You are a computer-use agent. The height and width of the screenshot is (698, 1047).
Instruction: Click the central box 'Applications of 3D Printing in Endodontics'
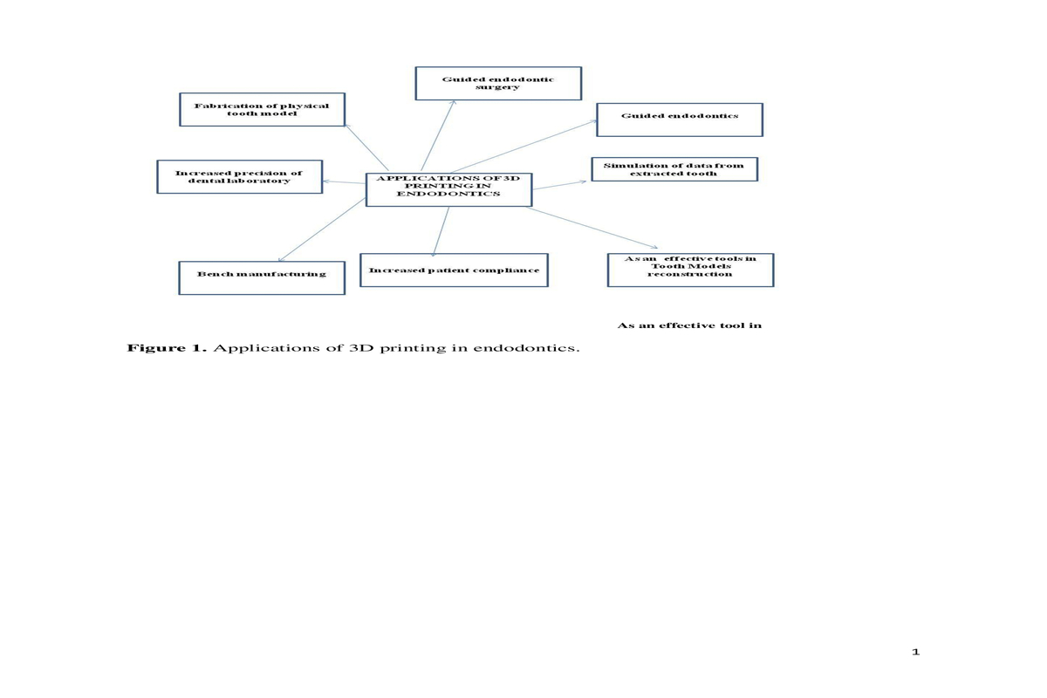coord(448,190)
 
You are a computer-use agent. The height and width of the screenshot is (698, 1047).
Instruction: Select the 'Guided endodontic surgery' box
coord(498,83)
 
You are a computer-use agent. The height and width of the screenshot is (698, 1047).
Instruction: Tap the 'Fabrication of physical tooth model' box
coord(263,109)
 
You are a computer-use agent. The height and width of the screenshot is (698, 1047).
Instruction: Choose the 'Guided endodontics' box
coord(680,120)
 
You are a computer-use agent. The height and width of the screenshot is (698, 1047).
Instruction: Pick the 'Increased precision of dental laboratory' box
coord(239,177)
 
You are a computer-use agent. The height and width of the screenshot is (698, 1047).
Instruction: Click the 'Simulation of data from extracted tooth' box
coord(674,169)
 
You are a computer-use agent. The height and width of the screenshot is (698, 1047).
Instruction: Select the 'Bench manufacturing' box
coord(262,277)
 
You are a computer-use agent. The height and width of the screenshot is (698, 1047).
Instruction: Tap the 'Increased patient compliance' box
coord(454,270)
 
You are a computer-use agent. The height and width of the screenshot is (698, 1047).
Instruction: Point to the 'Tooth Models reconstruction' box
coord(690,270)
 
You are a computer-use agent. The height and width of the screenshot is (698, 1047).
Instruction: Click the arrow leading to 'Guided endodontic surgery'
coord(438,135)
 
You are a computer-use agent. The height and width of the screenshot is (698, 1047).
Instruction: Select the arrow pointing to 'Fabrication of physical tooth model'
coord(367,147)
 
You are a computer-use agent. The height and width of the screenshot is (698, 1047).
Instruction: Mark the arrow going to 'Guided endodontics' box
coord(524,147)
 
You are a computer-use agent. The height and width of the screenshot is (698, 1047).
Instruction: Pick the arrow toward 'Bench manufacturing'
coord(322,229)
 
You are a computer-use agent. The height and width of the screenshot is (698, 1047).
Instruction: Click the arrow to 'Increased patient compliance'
coord(441,232)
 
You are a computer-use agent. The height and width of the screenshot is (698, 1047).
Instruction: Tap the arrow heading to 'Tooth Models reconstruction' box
coord(592,228)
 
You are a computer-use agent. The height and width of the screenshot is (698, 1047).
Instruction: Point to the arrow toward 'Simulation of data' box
coord(559,185)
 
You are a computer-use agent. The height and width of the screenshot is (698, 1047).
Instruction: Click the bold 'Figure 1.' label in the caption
coord(167,348)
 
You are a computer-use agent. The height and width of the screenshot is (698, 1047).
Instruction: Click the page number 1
coord(915,652)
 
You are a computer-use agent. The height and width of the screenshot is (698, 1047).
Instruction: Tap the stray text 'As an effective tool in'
coord(689,325)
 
